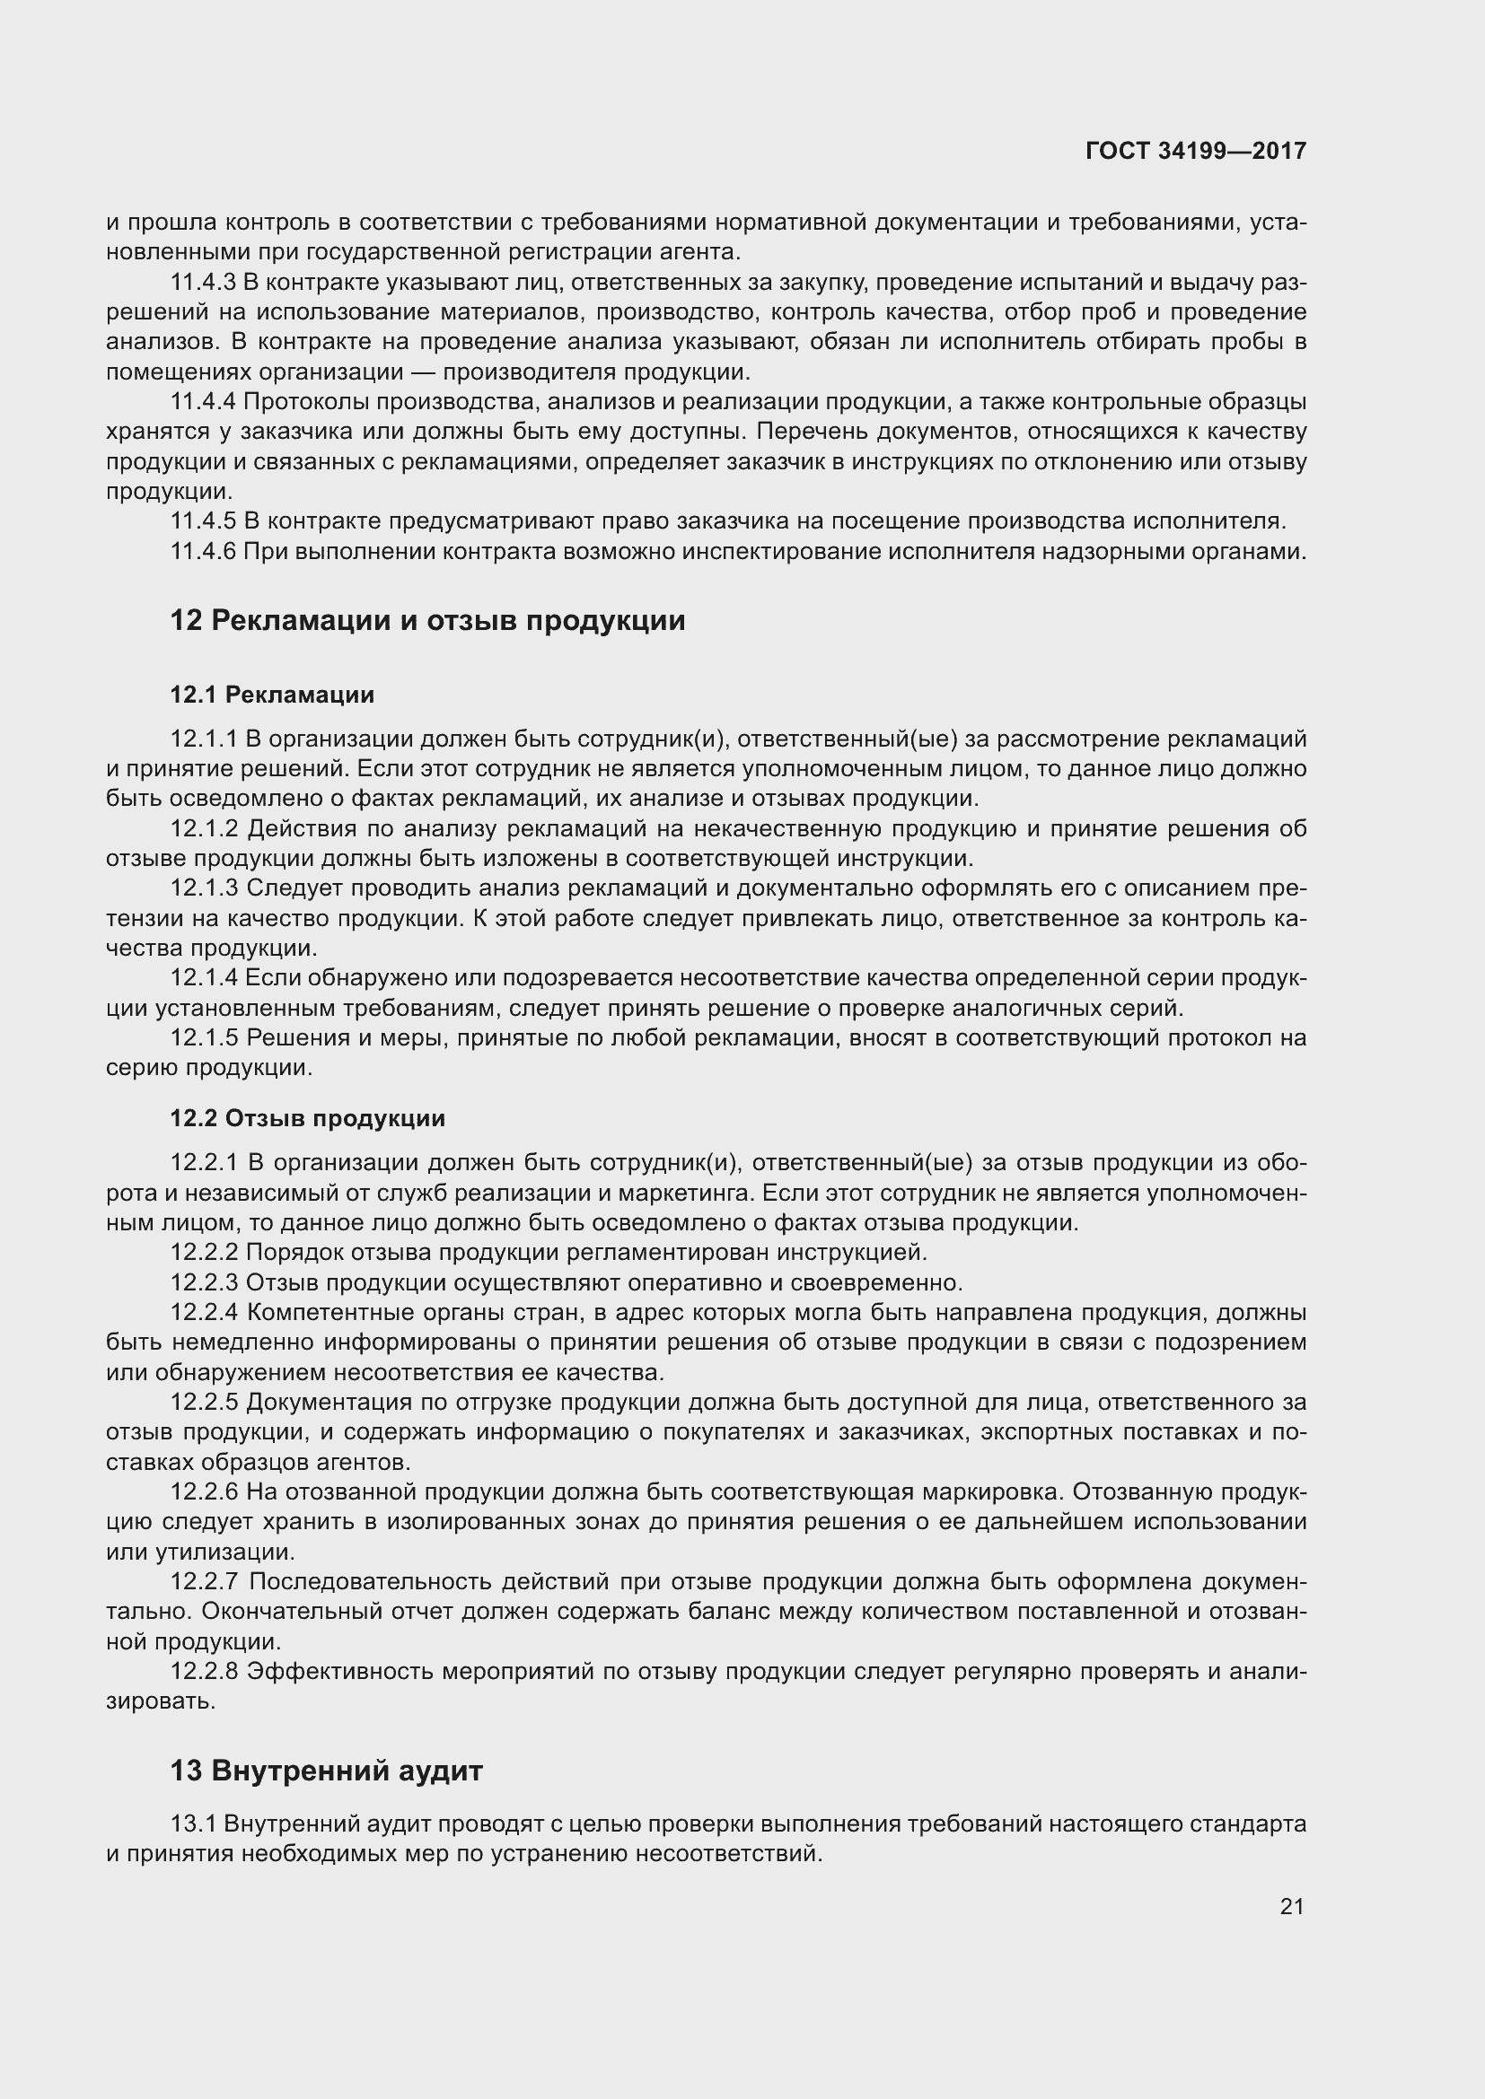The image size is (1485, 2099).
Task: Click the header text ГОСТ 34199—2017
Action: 1195,151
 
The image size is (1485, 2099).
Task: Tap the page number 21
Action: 1291,1906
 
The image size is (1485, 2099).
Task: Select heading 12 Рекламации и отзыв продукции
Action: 427,621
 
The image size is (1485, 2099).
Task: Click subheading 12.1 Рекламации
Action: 271,695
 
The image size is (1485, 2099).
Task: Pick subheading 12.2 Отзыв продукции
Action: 307,1118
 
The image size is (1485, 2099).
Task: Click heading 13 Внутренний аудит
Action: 326,1771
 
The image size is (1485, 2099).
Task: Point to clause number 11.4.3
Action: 203,283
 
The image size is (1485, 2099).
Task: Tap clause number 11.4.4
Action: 203,401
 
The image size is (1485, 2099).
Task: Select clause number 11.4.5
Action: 203,521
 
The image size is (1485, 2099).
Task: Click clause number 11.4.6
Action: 203,551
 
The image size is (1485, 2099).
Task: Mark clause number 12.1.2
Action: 204,829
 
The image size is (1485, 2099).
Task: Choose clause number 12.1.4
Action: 204,978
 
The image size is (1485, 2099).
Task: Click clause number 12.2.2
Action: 204,1252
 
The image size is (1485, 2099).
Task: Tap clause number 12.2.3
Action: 204,1281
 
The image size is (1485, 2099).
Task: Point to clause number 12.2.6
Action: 204,1492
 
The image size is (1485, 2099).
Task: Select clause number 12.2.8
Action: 204,1671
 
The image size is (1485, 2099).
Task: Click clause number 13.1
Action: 193,1824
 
